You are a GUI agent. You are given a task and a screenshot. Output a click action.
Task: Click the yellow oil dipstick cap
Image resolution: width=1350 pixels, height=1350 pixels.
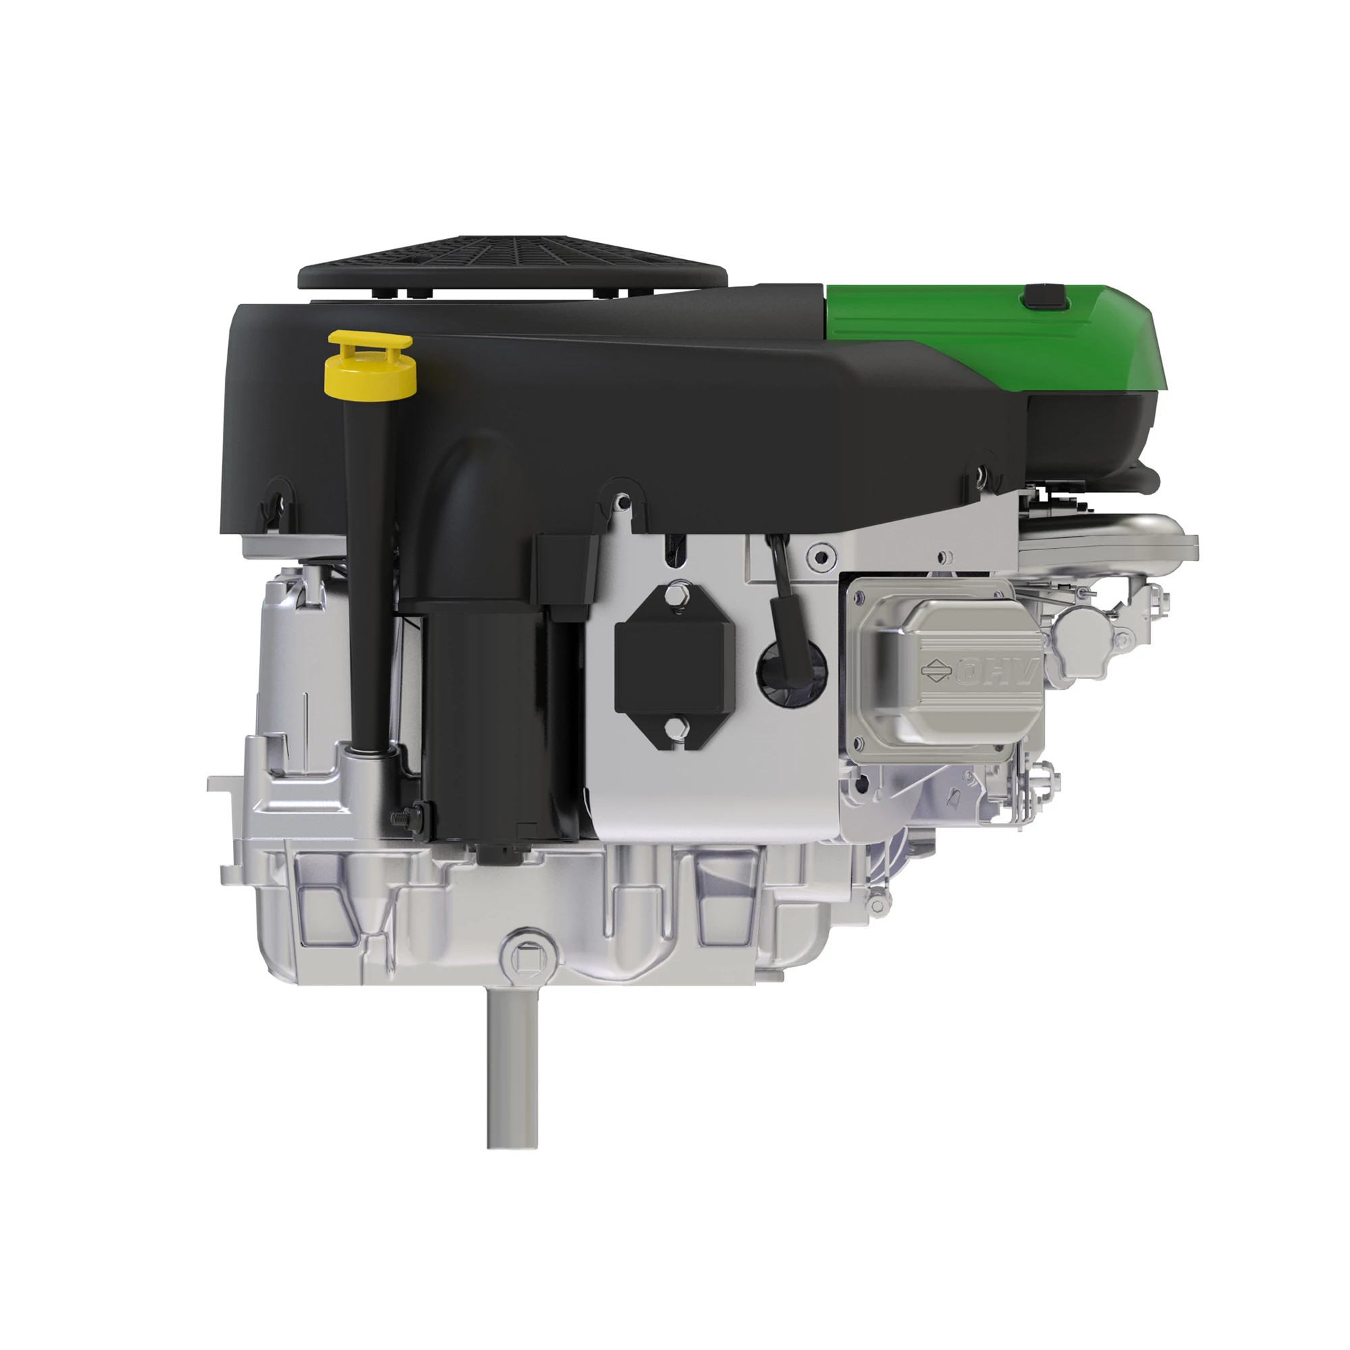click(x=371, y=362)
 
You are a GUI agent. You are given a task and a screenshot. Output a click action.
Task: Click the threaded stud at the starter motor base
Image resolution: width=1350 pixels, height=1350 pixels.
click(x=403, y=815)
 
